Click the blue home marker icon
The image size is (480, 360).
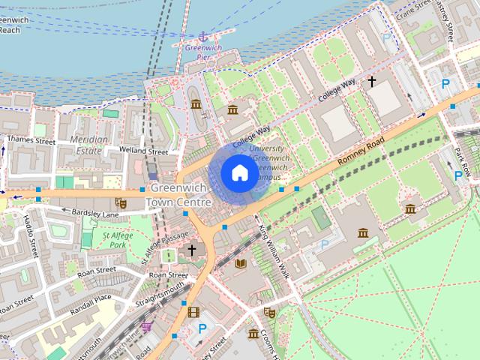coord(239,173)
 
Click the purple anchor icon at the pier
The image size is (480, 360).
coord(202,36)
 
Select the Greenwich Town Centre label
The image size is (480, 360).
coord(179,195)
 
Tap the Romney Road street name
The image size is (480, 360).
coord(361,150)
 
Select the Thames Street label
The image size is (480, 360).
coord(31,140)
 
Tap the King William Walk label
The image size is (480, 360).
coord(272,251)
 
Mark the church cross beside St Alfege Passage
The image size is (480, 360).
coord(192,250)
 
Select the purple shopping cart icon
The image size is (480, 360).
coord(147,326)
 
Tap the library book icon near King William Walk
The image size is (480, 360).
coord(241,263)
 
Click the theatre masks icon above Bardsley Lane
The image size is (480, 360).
coord(119,202)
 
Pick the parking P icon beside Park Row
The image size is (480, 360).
coord(458,175)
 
